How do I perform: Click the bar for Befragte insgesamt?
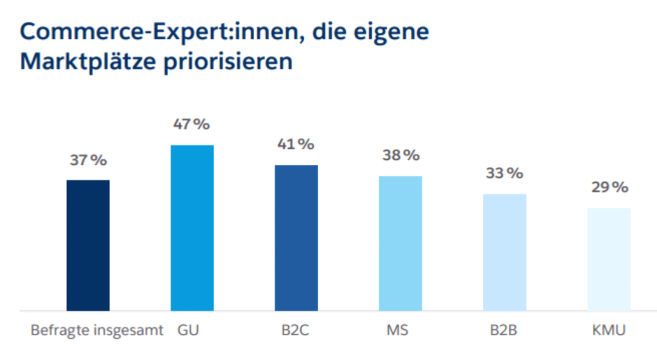(88, 245)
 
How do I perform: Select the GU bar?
(192, 228)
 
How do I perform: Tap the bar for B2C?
(296, 238)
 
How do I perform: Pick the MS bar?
(400, 243)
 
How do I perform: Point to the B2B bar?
(504, 252)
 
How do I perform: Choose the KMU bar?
(609, 259)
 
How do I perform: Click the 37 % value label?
(89, 160)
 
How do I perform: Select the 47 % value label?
(191, 124)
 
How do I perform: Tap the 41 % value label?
(296, 144)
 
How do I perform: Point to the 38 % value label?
(400, 155)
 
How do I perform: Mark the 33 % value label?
(504, 173)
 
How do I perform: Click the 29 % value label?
(609, 187)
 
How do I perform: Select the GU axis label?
(189, 332)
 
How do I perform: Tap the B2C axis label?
(296, 332)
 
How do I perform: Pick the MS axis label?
(398, 332)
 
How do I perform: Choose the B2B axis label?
(504, 332)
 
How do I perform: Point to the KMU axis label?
(608, 332)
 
